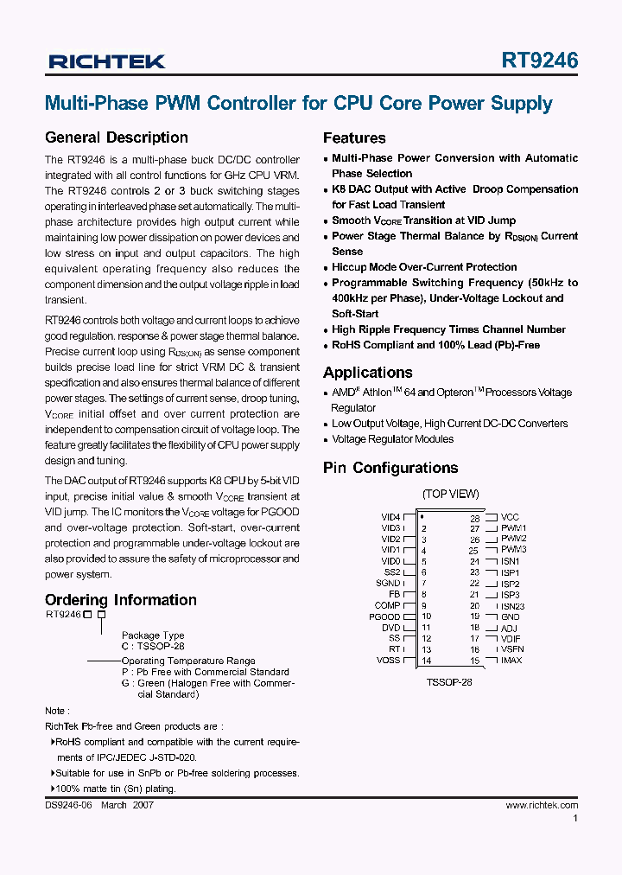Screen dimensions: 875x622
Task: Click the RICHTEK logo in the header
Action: click(107, 61)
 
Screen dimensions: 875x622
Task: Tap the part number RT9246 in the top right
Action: click(539, 61)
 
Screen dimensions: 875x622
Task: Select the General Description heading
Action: click(116, 137)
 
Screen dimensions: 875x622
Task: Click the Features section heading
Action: click(354, 138)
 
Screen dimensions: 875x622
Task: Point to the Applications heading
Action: click(367, 373)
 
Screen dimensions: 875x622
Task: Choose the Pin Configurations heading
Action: click(390, 468)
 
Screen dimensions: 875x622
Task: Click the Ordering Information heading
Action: click(120, 600)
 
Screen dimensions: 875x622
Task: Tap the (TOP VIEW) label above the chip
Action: click(450, 494)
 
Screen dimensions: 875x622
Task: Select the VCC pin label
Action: click(510, 517)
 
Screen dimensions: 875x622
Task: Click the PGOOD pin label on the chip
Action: click(385, 616)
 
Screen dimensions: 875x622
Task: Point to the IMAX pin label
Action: click(511, 661)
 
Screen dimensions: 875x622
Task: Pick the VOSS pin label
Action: click(389, 661)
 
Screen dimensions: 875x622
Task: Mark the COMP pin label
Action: click(387, 605)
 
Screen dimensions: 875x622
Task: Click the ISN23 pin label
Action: click(512, 606)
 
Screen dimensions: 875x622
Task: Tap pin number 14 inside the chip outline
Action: click(427, 661)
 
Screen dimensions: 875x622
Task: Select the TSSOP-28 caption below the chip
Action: click(449, 681)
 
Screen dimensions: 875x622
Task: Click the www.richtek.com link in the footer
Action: click(542, 805)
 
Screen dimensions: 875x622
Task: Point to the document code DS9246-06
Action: click(68, 805)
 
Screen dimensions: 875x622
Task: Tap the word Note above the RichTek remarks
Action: click(54, 710)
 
